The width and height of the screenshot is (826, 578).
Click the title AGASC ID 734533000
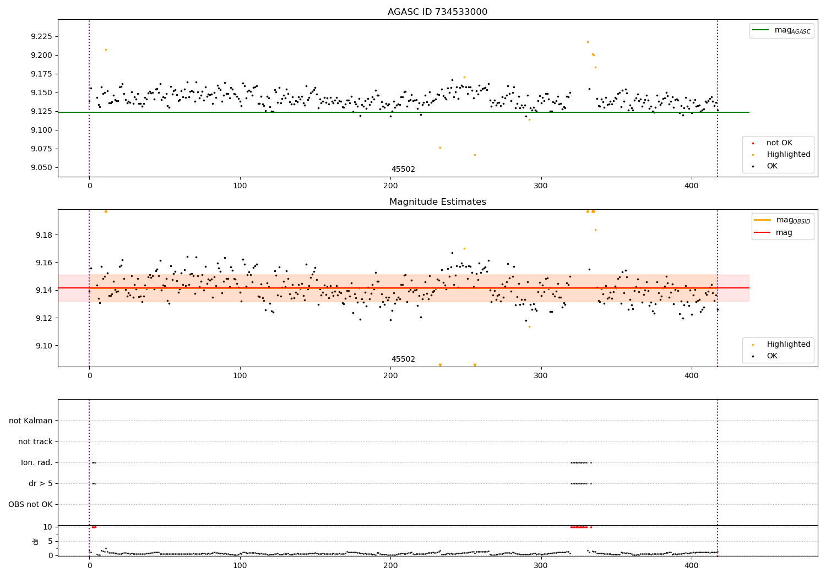pos(437,12)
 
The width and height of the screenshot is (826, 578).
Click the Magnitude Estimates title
pos(437,202)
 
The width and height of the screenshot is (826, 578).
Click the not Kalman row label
pos(31,421)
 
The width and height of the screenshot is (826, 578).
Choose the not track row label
pos(35,441)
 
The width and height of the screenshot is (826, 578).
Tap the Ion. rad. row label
pos(37,462)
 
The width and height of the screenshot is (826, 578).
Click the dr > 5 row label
pos(40,483)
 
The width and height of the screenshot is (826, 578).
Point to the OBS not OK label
pos(30,504)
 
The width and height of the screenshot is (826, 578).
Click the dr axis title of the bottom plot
pos(36,541)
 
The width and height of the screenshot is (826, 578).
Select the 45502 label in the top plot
pos(403,170)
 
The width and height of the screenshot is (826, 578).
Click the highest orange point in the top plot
pos(588,42)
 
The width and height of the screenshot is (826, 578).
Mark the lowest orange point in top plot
pos(475,155)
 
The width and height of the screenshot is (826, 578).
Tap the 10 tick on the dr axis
pos(48,527)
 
